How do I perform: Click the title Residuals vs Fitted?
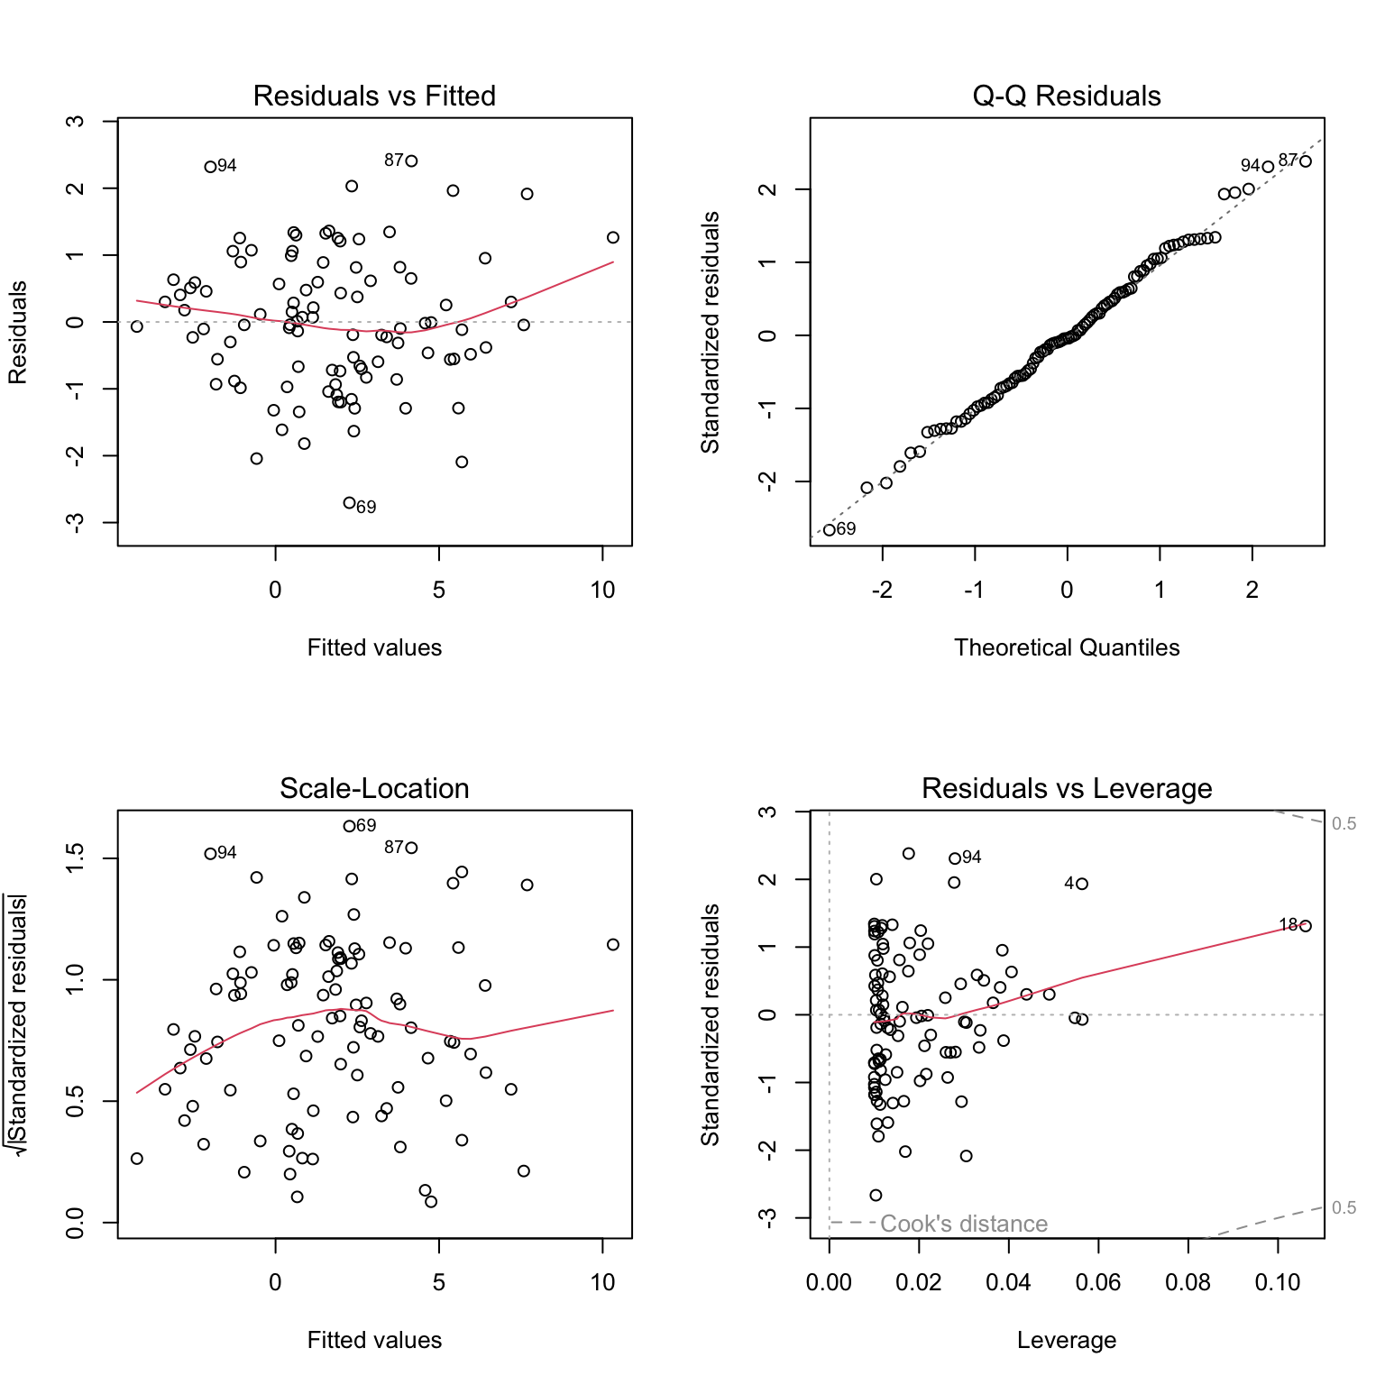pos(374,96)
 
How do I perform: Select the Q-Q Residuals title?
pos(1067,96)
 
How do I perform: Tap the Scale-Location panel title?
pos(374,788)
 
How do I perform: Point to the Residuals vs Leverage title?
pos(1067,788)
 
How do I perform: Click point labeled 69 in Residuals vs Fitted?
pos(350,503)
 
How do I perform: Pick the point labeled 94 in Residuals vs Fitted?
pos(210,167)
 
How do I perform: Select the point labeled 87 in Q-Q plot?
pos(1305,161)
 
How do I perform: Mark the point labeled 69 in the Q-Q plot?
pos(830,530)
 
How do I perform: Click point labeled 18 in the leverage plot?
pos(1305,926)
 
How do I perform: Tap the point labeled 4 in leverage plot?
pos(1082,884)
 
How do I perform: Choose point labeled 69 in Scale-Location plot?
pos(349,826)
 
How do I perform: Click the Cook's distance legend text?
pos(963,1224)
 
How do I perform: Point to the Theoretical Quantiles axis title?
pos(1067,647)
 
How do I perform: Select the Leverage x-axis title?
pos(1067,1340)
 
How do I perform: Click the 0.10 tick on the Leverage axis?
pos(1277,1282)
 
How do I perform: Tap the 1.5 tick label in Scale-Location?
pos(76,858)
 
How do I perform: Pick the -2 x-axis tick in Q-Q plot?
pos(882,590)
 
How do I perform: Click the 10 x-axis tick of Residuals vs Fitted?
pos(602,590)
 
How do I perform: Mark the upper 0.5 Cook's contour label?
pos(1344,823)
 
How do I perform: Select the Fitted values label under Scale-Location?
pos(374,1340)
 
